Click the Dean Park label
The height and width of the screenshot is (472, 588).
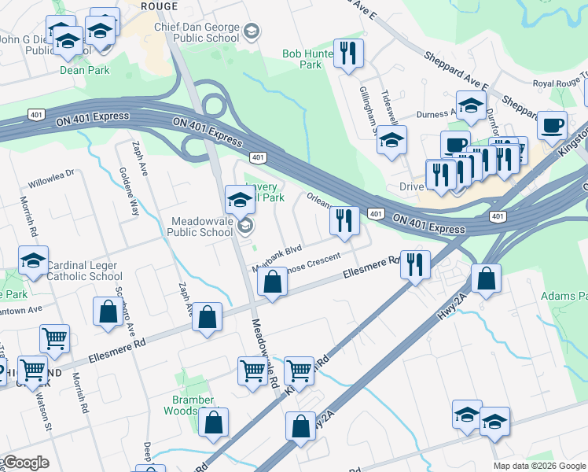click(84, 70)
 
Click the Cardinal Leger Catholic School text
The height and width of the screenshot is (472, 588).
click(84, 271)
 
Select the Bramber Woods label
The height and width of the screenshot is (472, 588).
click(193, 405)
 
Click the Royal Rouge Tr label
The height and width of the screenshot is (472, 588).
click(560, 82)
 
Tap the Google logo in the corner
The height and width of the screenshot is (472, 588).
click(25, 463)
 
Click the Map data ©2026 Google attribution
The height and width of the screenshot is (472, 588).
click(539, 466)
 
